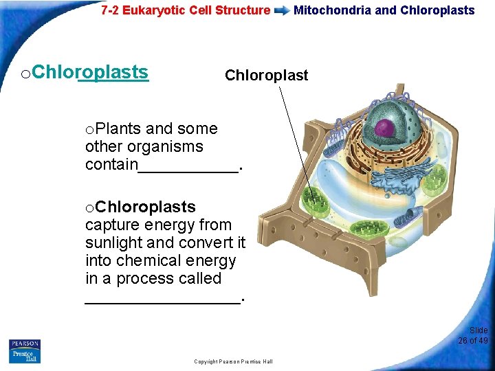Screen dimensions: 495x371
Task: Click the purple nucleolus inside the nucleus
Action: (384, 127)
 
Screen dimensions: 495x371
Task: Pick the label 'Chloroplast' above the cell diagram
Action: (267, 75)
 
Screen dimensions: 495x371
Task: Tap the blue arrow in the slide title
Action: (282, 11)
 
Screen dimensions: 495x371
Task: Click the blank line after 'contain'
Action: (189, 166)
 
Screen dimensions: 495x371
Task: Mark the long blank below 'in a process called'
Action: (162, 297)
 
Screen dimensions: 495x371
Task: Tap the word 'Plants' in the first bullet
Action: (118, 128)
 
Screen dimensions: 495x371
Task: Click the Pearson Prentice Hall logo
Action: (25, 350)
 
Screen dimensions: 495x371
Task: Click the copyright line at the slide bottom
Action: (233, 361)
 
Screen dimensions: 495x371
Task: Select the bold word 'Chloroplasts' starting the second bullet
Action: (145, 207)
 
